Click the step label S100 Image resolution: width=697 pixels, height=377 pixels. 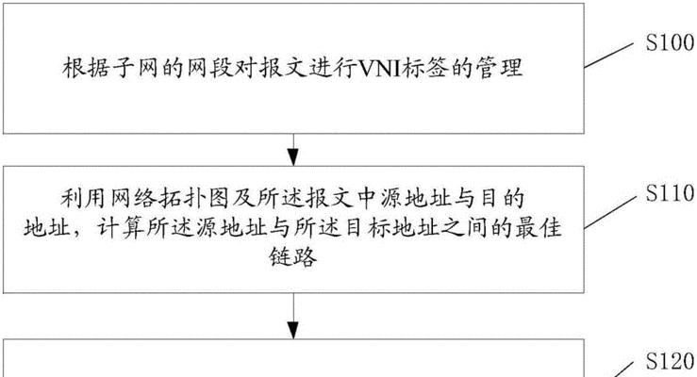670,43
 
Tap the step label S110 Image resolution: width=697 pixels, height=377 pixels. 670,193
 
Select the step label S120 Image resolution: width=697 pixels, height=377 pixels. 670,361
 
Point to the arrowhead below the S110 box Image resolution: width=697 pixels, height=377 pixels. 293,331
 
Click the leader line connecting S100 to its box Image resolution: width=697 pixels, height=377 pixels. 608,56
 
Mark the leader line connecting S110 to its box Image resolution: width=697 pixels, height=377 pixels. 609,212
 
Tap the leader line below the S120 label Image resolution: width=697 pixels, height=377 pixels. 623,369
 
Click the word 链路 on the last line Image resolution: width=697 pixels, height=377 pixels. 293,256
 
